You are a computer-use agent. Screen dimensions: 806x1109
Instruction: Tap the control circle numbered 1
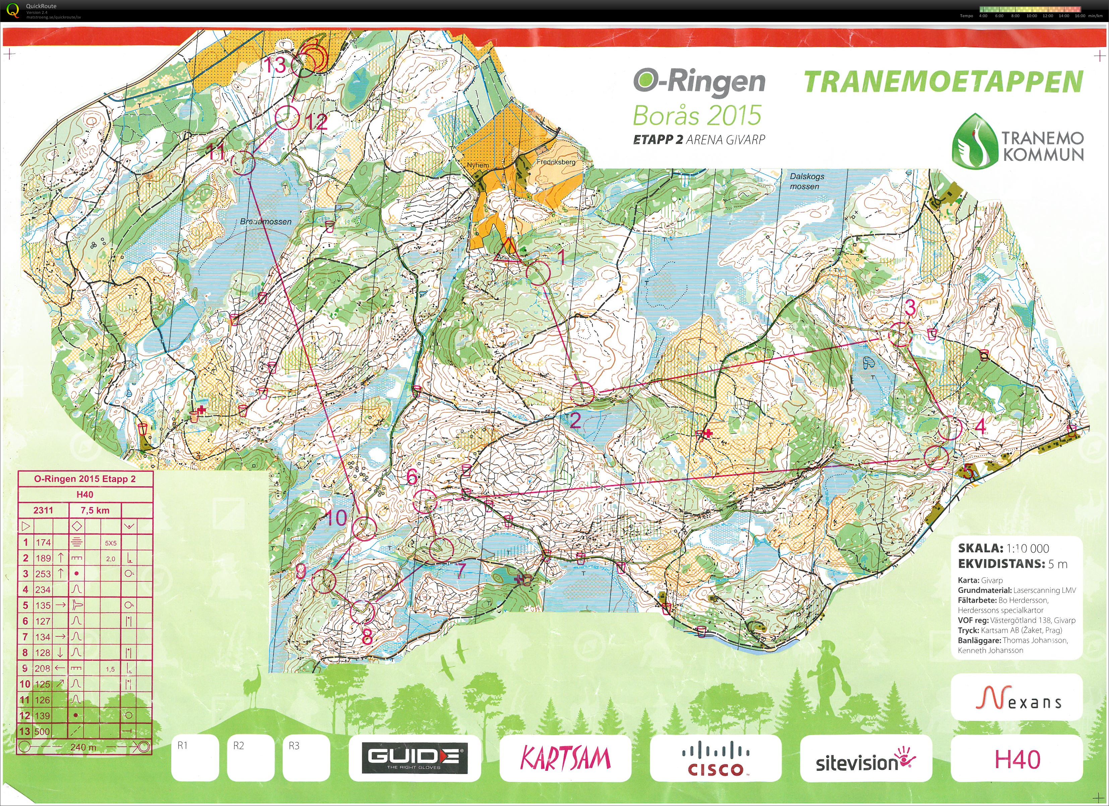click(540, 274)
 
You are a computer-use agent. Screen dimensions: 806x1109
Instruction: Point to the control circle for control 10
click(364, 528)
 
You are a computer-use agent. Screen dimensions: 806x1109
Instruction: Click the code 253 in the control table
click(43, 574)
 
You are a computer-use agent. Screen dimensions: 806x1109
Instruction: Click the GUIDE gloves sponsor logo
click(414, 758)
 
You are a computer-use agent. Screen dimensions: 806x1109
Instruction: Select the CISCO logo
click(716, 758)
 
